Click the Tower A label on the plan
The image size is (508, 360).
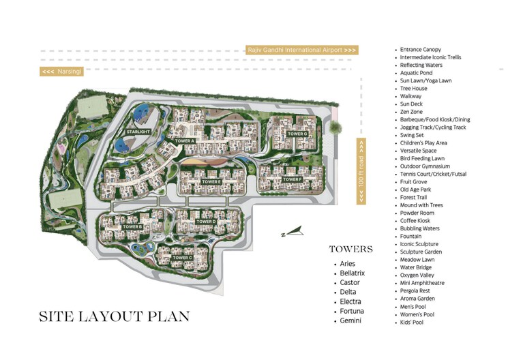point(185,141)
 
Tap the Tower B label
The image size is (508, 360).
point(132,226)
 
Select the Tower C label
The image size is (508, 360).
point(182,258)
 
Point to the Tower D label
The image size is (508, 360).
point(205,222)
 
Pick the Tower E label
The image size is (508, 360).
point(210,181)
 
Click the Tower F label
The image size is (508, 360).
point(292,179)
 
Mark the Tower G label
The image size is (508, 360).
point(297,134)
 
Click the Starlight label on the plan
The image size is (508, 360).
point(138,131)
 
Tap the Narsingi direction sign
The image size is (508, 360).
point(62,71)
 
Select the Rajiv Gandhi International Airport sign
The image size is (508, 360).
point(301,50)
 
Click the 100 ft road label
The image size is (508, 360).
point(361,170)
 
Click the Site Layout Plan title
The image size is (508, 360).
point(114,317)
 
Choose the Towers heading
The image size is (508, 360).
point(350,250)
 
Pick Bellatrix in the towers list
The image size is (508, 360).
point(353,273)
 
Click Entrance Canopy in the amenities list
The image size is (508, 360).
point(420,50)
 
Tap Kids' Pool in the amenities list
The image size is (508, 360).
point(412,322)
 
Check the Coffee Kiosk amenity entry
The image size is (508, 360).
point(415,221)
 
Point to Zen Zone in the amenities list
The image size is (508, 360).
point(411,112)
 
